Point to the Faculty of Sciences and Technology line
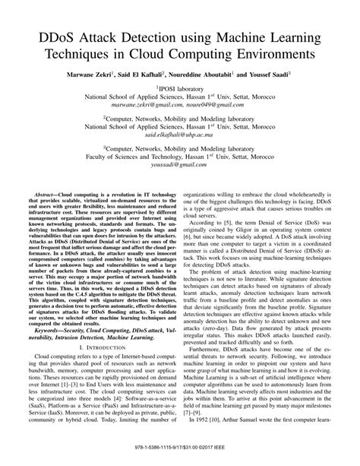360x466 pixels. tap(180, 155)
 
